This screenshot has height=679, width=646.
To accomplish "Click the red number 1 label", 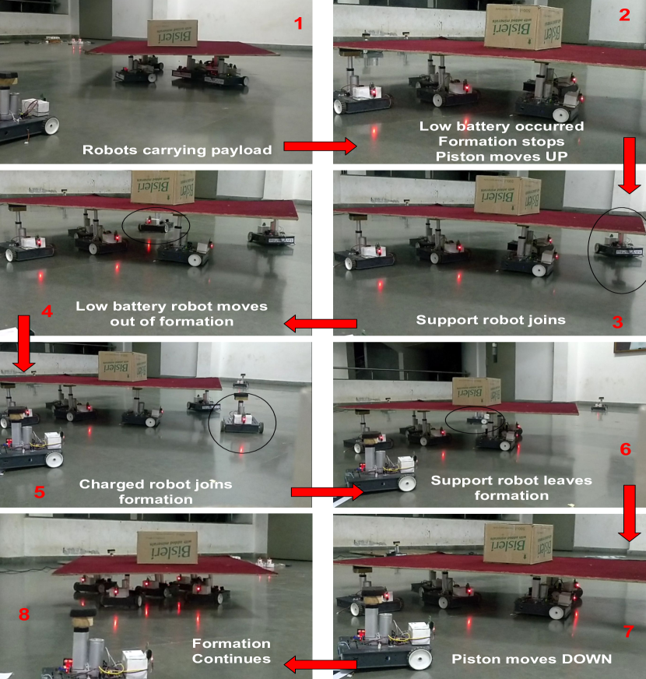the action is click(298, 23).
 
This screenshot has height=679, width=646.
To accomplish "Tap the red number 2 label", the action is click(624, 15).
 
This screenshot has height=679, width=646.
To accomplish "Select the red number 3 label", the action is click(618, 322).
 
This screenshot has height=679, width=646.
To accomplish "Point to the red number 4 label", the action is click(47, 311).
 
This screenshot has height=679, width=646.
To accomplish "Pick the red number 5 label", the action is click(40, 492).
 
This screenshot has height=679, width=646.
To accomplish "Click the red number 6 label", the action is click(625, 449).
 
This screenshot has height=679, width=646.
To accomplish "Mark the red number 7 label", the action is click(629, 632).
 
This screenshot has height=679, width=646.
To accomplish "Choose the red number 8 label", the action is click(24, 614).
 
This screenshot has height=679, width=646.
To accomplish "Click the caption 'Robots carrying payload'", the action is click(177, 150).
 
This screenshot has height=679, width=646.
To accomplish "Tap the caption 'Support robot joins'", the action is click(490, 320).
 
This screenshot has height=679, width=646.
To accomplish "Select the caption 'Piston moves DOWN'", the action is click(532, 659).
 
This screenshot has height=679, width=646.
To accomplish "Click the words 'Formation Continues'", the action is click(232, 651).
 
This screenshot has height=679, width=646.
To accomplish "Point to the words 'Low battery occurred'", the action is click(501, 126).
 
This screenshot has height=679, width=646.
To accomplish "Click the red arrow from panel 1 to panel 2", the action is click(320, 146).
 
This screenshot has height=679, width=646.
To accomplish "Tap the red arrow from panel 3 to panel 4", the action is click(320, 323).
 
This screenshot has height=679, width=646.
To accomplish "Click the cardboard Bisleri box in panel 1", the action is click(172, 33).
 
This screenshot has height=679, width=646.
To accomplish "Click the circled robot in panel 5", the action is click(241, 416).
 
